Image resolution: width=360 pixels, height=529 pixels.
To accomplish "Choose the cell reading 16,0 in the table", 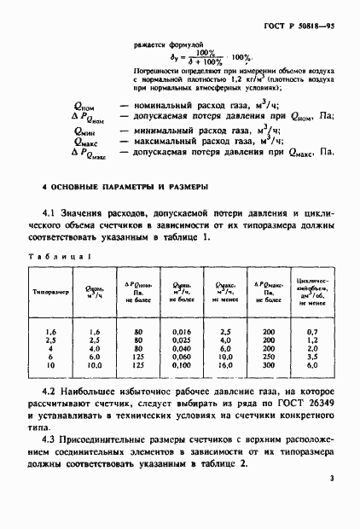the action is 226,369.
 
